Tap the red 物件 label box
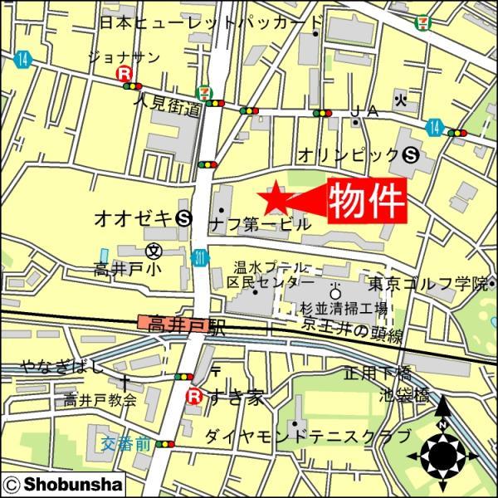pyautogui.click(x=368, y=201)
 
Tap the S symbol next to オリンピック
pyautogui.click(x=410, y=154)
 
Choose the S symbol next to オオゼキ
pyautogui.click(x=185, y=218)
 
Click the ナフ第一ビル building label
pyautogui.click(x=260, y=224)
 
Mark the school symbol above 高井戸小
pyautogui.click(x=153, y=250)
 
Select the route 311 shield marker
pyautogui.click(x=200, y=258)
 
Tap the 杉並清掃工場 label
pyautogui.click(x=345, y=308)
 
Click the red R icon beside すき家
pyautogui.click(x=193, y=396)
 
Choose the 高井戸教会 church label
pyautogui.click(x=100, y=400)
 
